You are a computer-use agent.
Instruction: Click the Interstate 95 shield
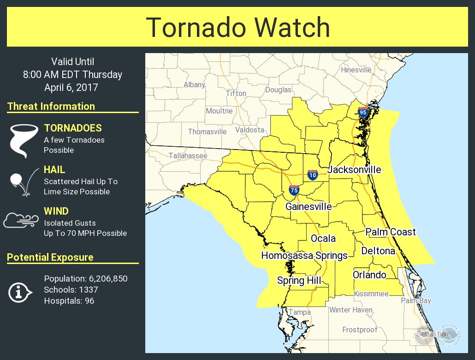click(363, 112)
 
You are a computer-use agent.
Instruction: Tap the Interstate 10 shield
click(312, 175)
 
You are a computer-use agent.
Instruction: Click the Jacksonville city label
click(354, 170)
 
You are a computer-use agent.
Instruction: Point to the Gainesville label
click(308, 206)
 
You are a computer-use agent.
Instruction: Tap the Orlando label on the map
click(369, 275)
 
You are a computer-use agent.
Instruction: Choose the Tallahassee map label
click(188, 156)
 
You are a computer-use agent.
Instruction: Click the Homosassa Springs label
click(304, 256)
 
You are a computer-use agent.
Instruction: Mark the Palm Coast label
click(391, 232)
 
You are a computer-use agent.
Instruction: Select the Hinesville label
click(356, 70)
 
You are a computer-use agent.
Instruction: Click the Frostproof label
click(360, 330)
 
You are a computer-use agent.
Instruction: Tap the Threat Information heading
click(51, 107)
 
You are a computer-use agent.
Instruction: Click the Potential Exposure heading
click(50, 258)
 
